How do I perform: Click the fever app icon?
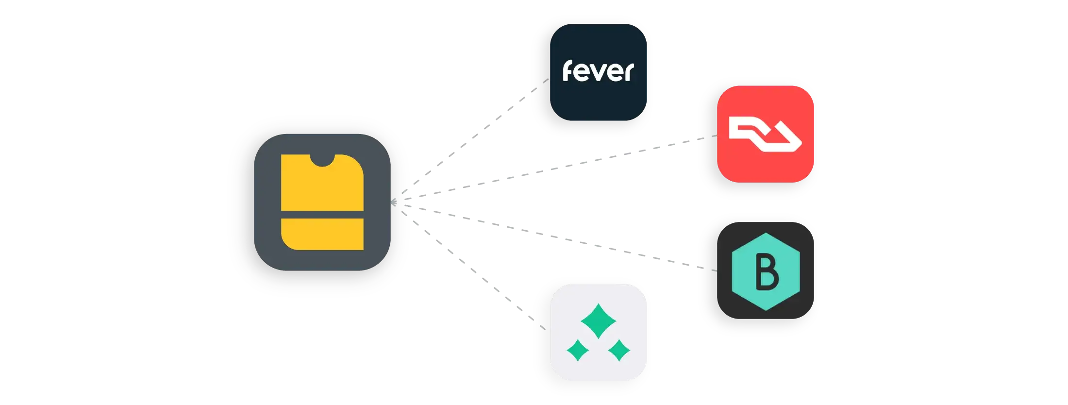click(x=598, y=72)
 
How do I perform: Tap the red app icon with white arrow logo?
click(x=765, y=134)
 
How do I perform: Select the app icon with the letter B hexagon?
click(x=765, y=270)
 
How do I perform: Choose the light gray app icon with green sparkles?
click(x=598, y=332)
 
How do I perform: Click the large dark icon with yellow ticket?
click(x=322, y=202)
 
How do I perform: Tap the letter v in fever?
click(x=598, y=73)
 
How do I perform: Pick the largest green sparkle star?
click(x=598, y=321)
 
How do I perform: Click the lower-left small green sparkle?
click(x=578, y=350)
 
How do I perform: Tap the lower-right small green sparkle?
click(x=619, y=350)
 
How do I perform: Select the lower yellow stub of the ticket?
click(x=322, y=234)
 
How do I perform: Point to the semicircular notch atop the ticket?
click(x=322, y=159)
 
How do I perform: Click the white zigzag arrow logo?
click(x=765, y=136)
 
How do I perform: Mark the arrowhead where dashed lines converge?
click(x=394, y=202)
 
